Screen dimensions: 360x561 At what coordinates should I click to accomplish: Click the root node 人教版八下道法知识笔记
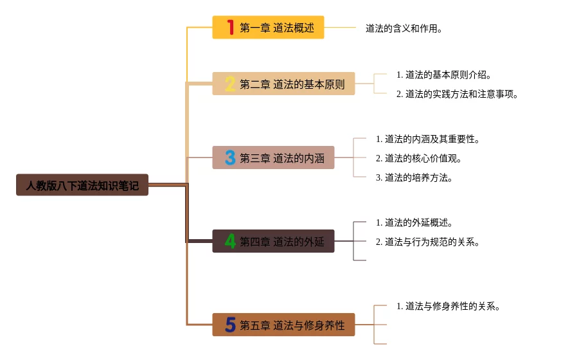coord(82,185)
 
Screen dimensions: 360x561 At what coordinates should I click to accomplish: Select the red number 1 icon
coord(229,28)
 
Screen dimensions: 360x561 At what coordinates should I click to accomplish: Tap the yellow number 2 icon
coord(229,84)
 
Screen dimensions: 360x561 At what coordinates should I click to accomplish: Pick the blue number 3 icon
coord(229,157)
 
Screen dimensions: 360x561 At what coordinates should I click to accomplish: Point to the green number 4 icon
coord(229,241)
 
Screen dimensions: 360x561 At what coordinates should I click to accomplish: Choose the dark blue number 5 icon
coord(229,325)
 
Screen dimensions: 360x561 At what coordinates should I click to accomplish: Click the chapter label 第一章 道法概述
coord(277,28)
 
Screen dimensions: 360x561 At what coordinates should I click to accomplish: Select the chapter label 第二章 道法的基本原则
coord(292,84)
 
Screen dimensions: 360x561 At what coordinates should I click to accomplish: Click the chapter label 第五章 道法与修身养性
coord(292,325)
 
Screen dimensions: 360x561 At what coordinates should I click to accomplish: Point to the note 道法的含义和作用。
coord(404,28)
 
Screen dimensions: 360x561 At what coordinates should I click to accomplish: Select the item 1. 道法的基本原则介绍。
coord(445,75)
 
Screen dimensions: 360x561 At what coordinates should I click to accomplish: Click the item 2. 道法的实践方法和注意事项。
coord(458,94)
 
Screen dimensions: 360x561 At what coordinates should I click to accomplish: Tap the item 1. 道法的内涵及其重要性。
coord(428,139)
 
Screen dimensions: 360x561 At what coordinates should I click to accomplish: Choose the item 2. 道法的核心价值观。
coord(419,158)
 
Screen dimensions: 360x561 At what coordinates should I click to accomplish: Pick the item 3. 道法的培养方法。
coord(414,177)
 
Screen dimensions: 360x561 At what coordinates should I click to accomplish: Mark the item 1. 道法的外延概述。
coord(414,222)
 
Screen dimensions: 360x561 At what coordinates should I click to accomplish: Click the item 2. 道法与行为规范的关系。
coord(428,242)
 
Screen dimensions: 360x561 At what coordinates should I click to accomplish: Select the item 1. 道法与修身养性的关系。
coord(449,306)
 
